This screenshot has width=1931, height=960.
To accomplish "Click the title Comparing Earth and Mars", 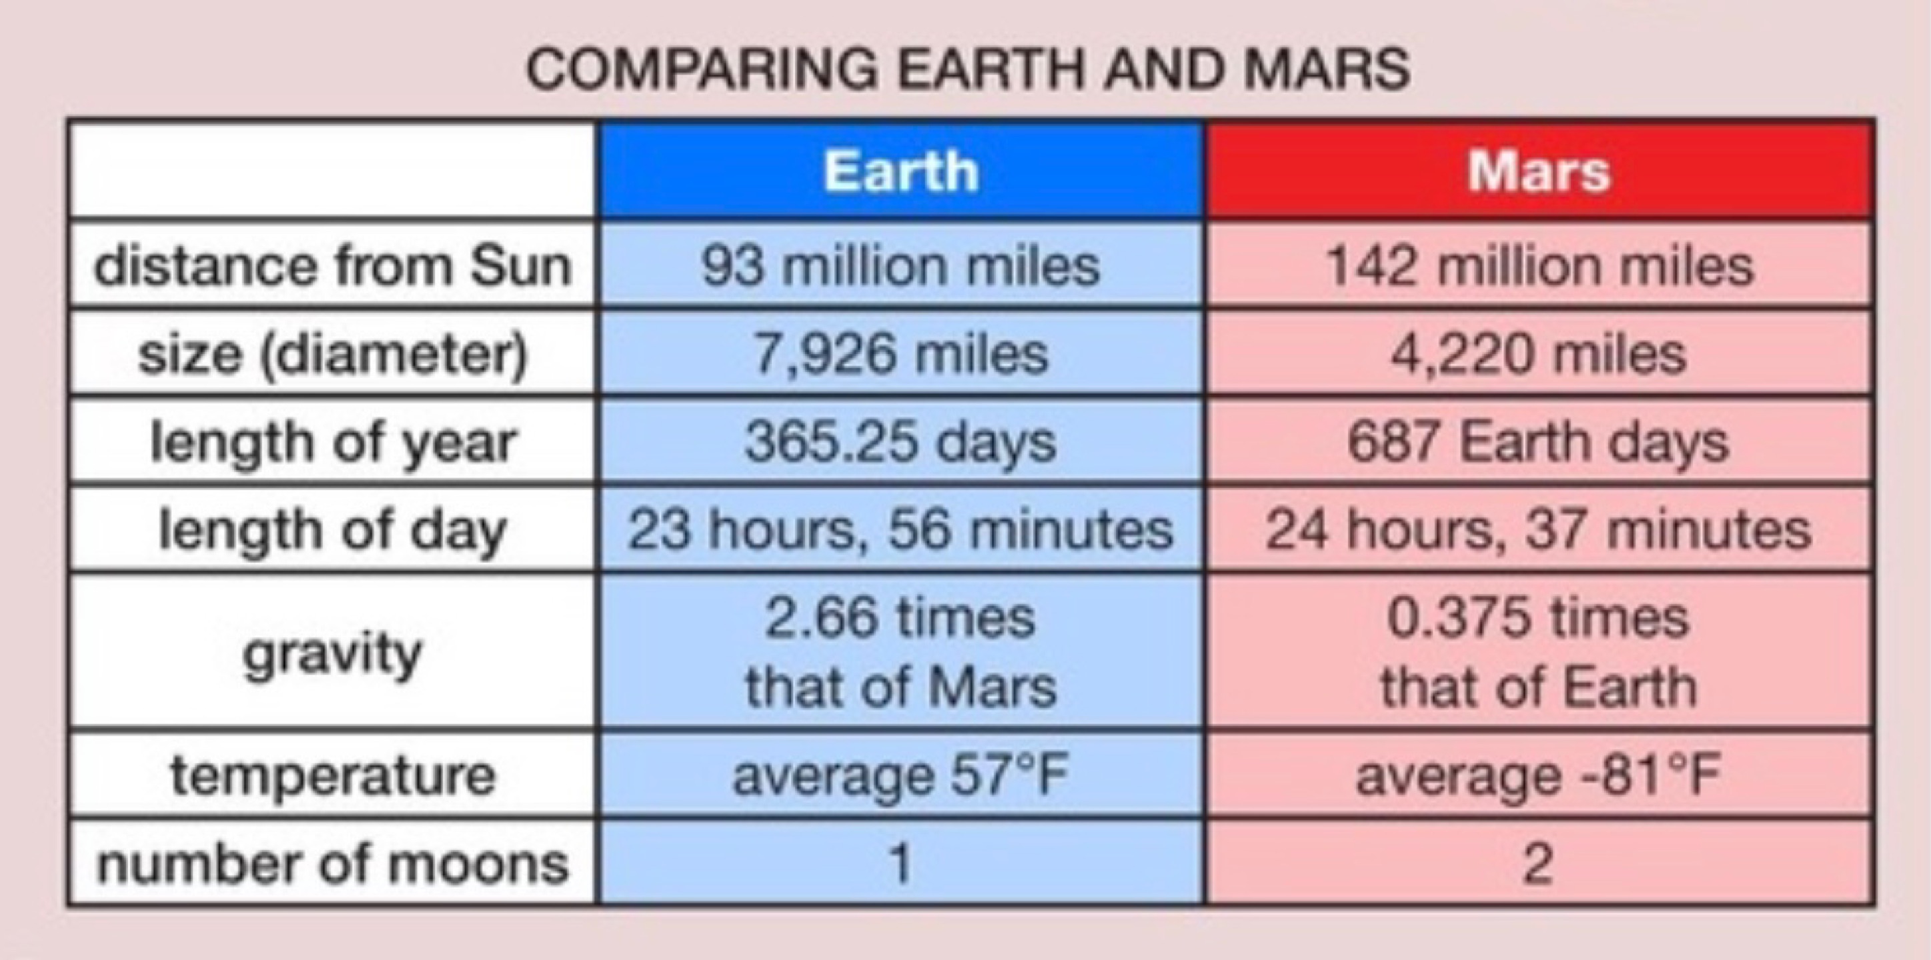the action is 969,69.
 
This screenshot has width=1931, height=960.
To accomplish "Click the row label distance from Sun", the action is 333,266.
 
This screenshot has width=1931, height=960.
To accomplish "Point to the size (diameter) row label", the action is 333,354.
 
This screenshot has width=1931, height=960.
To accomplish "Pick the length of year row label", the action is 333,442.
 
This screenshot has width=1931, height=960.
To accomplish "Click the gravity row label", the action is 333,654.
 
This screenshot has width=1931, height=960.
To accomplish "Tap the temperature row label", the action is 333,775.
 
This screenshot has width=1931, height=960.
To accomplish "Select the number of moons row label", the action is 333,863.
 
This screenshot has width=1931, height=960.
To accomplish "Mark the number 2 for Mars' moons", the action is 1537,864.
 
